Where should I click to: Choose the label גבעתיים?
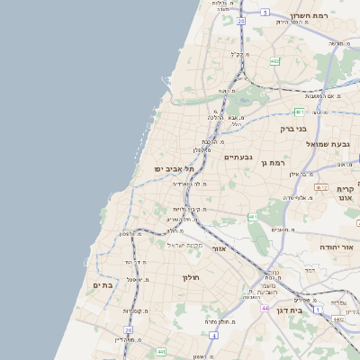tap(239, 157)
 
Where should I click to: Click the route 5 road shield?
tap(265, 13)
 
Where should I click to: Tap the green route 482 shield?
tap(274, 61)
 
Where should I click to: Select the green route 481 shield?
tap(298, 112)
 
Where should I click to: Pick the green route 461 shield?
tap(253, 217)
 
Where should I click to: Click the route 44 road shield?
tap(265, 308)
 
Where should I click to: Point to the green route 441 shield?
tap(159, 351)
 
